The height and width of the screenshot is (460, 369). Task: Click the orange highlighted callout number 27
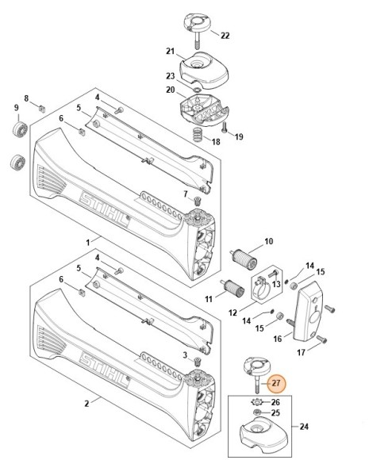pos(276,383)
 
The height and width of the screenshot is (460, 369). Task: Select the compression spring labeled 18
pos(198,135)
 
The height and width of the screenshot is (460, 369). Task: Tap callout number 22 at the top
pos(225,36)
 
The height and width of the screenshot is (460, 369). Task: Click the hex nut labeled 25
pos(257,412)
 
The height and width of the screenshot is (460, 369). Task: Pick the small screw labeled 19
pos(225,128)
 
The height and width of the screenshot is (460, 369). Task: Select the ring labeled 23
pos(197,89)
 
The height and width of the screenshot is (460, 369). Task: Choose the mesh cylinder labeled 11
pos(233,288)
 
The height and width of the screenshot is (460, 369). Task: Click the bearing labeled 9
pos(20,129)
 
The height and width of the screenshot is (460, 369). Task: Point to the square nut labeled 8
pos(42,109)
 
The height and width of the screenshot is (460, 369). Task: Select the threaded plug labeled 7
pos(197,201)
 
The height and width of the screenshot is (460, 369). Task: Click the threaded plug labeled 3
pos(197,362)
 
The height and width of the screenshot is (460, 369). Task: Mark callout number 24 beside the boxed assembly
pos(304,426)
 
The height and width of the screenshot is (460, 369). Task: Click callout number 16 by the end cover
pos(278,339)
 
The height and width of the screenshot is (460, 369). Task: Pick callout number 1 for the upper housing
pos(88,243)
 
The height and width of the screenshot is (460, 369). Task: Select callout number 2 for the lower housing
pos(86,404)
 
